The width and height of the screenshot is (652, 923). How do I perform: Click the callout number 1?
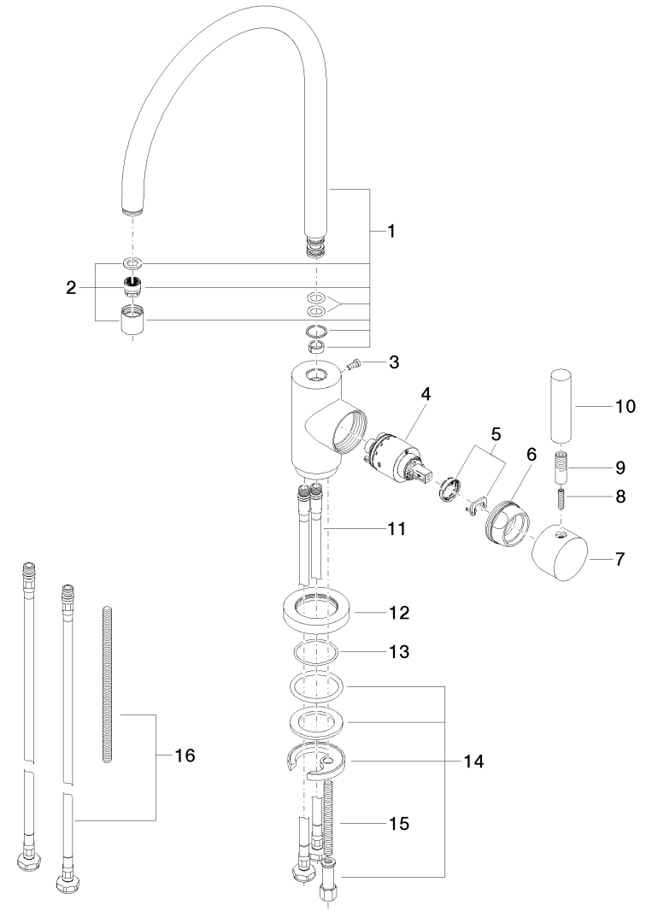pyautogui.click(x=391, y=231)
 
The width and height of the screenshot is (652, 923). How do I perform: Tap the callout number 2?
pyautogui.click(x=72, y=288)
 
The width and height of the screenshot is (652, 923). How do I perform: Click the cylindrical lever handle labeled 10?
pyautogui.click(x=561, y=407)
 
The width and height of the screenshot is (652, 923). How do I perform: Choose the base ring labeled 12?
pyautogui.click(x=315, y=613)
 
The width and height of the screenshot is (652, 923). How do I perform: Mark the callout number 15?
pyautogui.click(x=396, y=824)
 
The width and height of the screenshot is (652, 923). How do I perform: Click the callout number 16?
pyautogui.click(x=185, y=755)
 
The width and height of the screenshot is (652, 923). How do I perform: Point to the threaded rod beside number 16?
pyautogui.click(x=108, y=684)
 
